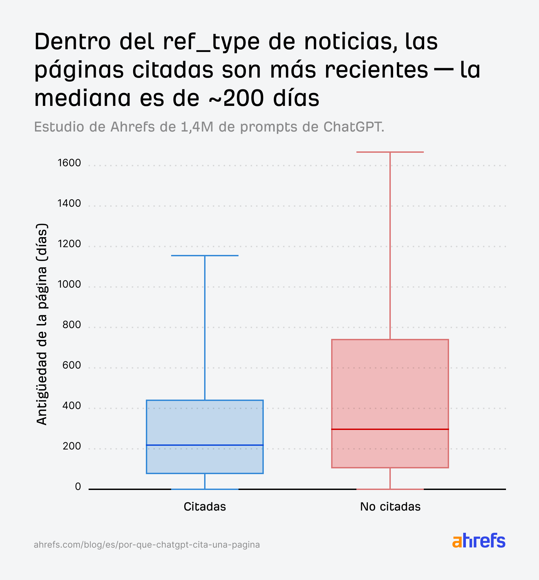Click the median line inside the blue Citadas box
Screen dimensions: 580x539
(x=205, y=445)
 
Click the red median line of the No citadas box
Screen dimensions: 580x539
(x=390, y=429)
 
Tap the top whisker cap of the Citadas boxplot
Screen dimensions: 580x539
(x=205, y=256)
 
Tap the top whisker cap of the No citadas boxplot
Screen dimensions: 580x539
(x=390, y=152)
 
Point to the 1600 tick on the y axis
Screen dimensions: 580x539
(x=69, y=163)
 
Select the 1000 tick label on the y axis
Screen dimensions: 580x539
(x=69, y=284)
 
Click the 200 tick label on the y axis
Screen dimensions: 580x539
(x=72, y=446)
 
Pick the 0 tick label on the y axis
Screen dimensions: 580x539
(x=78, y=487)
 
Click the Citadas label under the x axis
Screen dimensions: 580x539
(x=205, y=506)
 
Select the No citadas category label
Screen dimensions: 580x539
(x=390, y=506)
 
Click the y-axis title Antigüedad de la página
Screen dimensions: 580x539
(x=42, y=324)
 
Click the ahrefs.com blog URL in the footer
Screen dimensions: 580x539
(x=147, y=545)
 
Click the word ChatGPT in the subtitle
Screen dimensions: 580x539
(x=353, y=127)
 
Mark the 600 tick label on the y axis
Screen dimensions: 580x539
(x=72, y=365)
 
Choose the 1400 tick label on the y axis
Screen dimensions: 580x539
(x=69, y=203)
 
